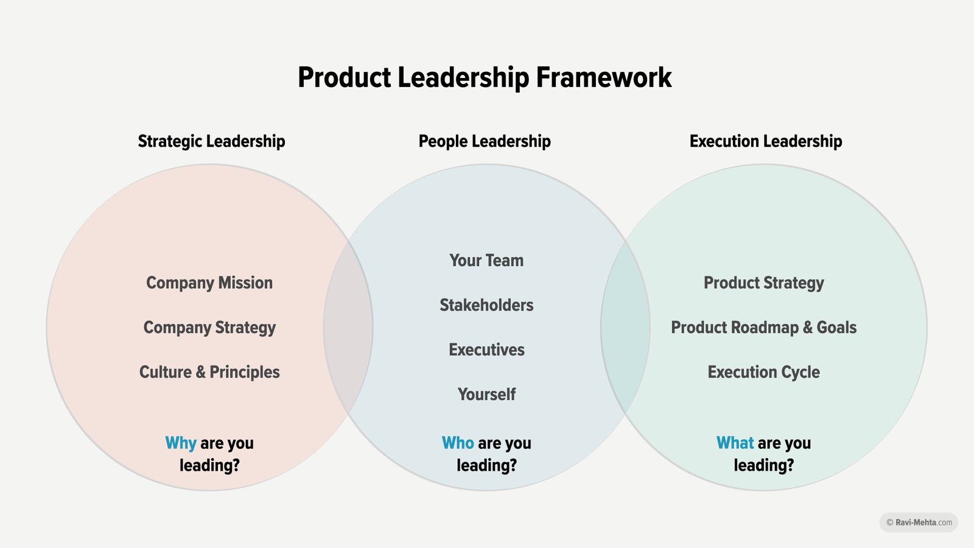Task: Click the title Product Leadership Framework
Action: point(485,78)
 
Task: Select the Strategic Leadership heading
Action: point(211,141)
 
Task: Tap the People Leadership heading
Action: point(485,141)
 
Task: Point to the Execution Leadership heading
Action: point(765,141)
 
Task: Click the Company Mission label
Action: point(209,283)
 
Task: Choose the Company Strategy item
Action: point(209,328)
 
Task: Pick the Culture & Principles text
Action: point(209,372)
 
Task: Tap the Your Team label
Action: point(486,261)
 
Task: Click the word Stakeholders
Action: point(486,305)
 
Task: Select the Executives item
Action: point(486,350)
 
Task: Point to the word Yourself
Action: point(486,395)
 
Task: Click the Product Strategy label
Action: point(763,283)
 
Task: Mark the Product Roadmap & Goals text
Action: point(763,328)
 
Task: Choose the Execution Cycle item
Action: point(763,372)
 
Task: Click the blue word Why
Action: point(181,443)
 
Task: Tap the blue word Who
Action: point(458,443)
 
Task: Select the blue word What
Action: point(735,443)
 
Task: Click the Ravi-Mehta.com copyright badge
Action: point(919,522)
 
